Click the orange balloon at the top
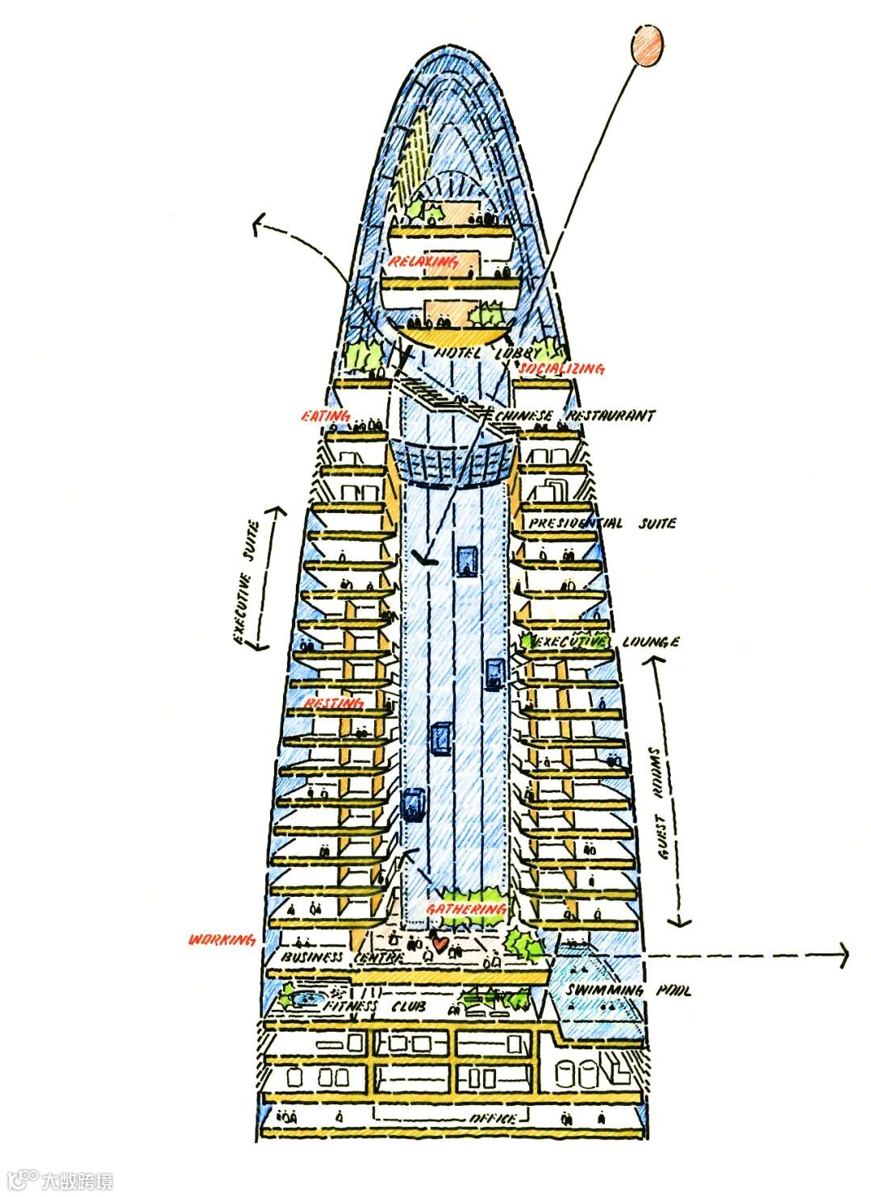tap(648, 45)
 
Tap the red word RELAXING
tap(423, 262)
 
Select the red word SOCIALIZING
tap(562, 369)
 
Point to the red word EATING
tap(325, 416)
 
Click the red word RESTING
tap(333, 703)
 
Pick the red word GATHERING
tap(467, 909)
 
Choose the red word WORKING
tap(222, 940)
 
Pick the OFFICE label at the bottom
tap(493, 1120)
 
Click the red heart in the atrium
tap(440, 941)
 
